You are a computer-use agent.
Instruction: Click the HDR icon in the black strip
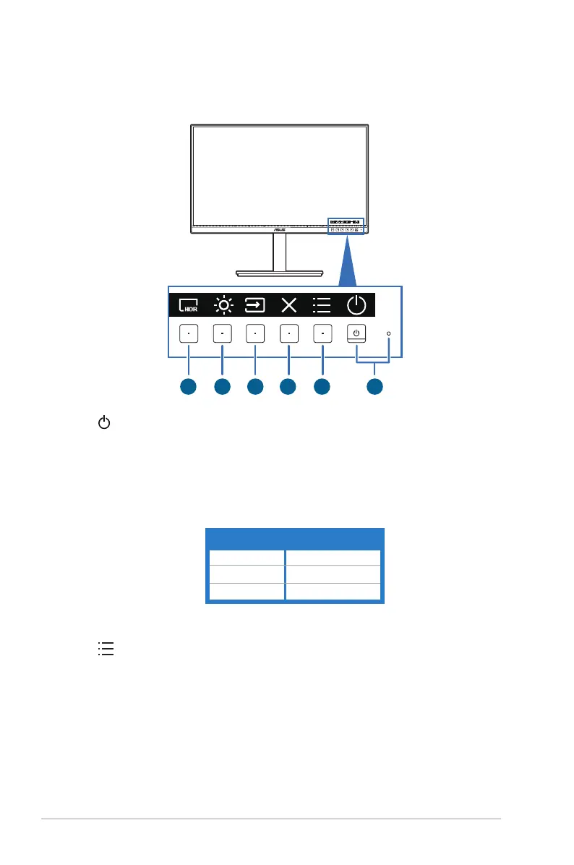coord(188,305)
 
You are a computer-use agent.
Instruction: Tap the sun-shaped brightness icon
coord(223,305)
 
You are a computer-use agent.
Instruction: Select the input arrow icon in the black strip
coord(255,305)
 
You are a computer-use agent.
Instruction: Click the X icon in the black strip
coord(288,305)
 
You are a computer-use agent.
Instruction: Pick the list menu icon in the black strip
coord(322,305)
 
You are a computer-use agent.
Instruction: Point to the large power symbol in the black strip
coord(356,305)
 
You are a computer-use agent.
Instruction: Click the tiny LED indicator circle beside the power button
coord(389,333)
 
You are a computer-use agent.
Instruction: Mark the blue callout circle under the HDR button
coord(188,387)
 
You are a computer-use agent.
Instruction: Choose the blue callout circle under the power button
coord(374,387)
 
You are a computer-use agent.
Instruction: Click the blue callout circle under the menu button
coord(322,387)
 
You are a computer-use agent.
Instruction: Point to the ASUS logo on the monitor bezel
coord(280,227)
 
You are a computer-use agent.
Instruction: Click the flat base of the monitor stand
coord(280,273)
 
